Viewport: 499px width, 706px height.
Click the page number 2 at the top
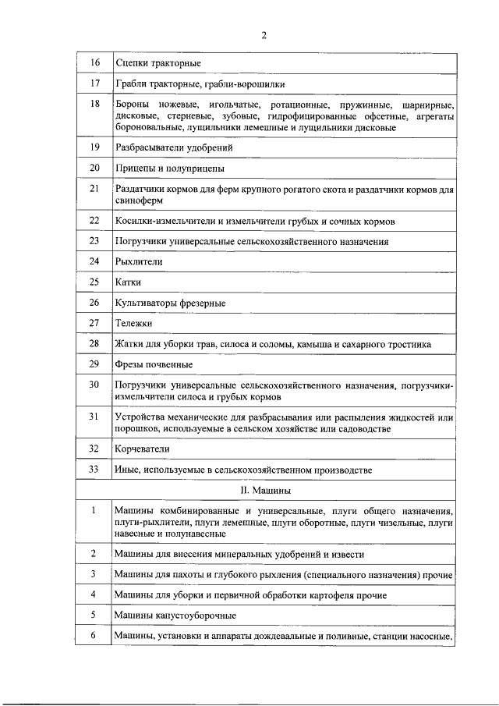(x=264, y=34)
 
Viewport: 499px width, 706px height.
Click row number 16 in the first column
(x=94, y=62)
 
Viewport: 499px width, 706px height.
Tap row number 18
(x=94, y=104)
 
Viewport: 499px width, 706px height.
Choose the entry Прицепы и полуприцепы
(x=169, y=168)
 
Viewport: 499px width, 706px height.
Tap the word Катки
(x=129, y=282)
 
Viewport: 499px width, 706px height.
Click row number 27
(x=94, y=322)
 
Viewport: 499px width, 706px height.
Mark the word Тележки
(x=133, y=323)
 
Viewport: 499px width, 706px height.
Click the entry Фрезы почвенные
(x=154, y=364)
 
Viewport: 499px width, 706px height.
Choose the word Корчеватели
(x=142, y=449)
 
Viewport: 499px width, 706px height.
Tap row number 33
(x=94, y=470)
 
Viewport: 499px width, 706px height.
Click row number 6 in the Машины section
(x=94, y=637)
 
